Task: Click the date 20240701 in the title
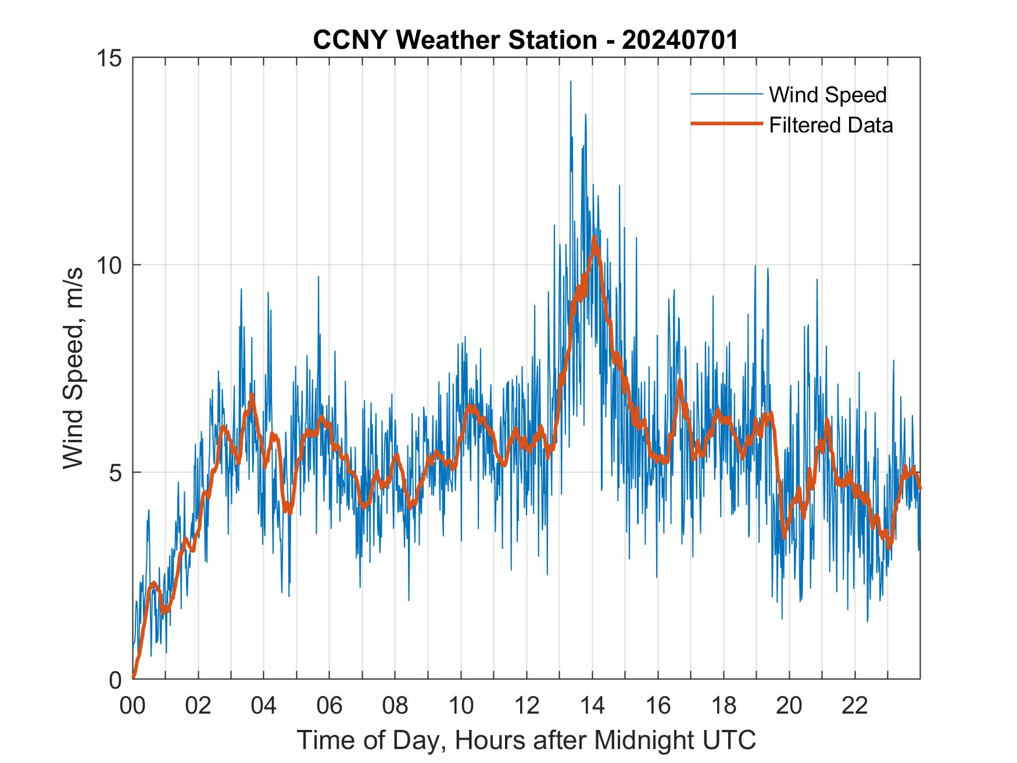pos(679,41)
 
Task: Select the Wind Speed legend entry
pos(828,95)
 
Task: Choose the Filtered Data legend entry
pos(830,125)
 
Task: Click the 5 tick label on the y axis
pos(116,472)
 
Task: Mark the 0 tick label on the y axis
pos(116,679)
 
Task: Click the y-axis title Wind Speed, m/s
pos(74,368)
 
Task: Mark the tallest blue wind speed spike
pos(570,82)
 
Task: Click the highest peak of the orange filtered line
pos(594,238)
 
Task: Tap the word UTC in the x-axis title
pos(730,740)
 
